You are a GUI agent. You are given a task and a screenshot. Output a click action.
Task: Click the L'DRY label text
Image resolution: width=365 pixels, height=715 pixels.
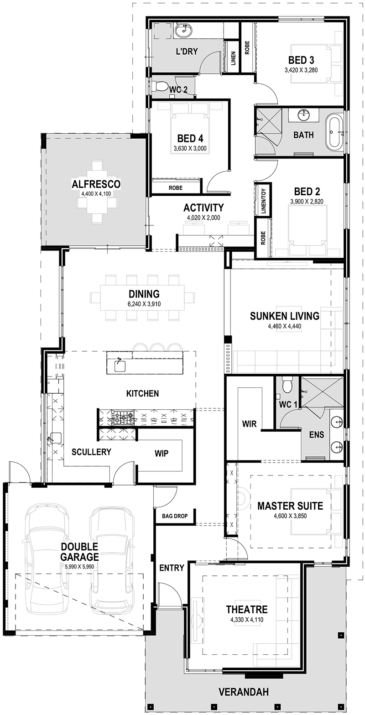tap(187, 51)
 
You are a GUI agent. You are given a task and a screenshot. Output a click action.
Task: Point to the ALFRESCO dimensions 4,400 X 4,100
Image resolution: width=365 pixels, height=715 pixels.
tap(96, 194)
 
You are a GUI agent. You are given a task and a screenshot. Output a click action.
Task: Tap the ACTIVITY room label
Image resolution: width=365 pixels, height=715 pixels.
tap(203, 208)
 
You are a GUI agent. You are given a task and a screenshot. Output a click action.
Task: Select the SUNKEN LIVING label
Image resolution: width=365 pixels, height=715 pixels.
tap(284, 316)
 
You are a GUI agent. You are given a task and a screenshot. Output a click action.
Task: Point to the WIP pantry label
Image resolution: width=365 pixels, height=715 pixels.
tap(161, 453)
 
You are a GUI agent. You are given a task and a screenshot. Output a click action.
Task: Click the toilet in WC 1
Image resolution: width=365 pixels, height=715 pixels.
tap(287, 386)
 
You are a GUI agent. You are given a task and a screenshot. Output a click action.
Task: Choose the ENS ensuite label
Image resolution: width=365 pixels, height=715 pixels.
tap(317, 435)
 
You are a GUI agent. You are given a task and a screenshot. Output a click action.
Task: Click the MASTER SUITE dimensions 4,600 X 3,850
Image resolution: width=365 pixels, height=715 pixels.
tap(290, 516)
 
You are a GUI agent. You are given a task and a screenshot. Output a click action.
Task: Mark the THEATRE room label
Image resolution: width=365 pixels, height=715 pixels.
tap(246, 610)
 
